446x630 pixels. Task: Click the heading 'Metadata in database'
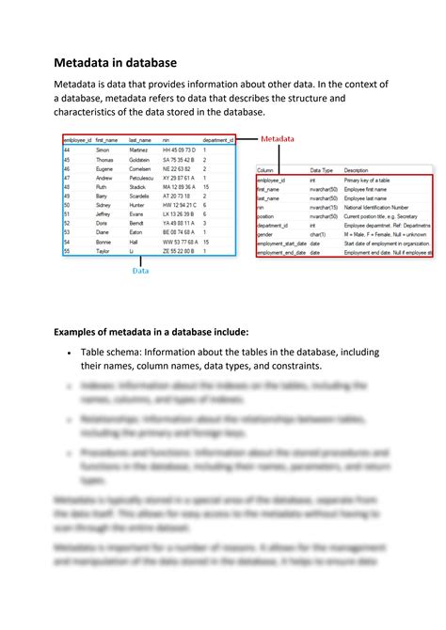click(x=114, y=63)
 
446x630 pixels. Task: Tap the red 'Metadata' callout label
click(x=277, y=138)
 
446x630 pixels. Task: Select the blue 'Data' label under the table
click(x=139, y=270)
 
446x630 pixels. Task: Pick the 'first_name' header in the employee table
click(x=107, y=139)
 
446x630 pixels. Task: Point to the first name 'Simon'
click(x=104, y=150)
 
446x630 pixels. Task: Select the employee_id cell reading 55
click(x=67, y=251)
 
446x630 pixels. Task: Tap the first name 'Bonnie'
click(x=104, y=242)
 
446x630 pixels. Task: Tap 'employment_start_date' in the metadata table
click(x=281, y=244)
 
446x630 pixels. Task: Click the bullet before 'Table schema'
click(x=70, y=353)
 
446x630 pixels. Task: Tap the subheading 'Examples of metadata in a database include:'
click(x=151, y=332)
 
